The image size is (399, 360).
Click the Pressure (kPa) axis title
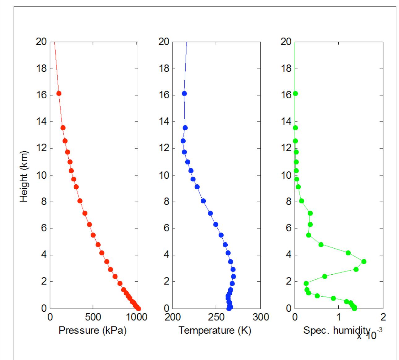[92, 331]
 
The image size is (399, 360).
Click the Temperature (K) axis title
[215, 331]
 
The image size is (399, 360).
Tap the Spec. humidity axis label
[337, 331]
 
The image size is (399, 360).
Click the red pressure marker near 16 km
[59, 93]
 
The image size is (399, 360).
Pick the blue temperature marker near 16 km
[184, 93]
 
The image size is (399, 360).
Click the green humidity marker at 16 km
[295, 93]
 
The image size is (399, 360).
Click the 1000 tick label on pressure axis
[137, 317]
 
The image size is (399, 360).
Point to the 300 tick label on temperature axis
[260, 317]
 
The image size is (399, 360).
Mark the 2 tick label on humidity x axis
[383, 317]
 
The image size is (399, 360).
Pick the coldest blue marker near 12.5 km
[183, 141]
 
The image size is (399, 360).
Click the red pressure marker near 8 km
[80, 201]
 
